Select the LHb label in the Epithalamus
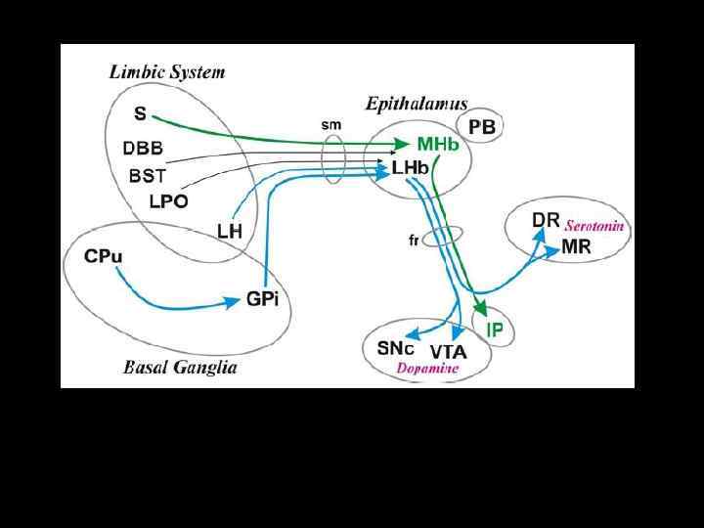click(410, 168)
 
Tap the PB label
click(481, 127)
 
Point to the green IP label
click(495, 330)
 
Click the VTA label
click(448, 351)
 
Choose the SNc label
click(395, 347)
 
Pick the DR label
click(546, 220)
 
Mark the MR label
click(576, 246)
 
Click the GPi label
click(262, 300)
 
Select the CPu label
click(104, 256)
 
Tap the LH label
click(229, 231)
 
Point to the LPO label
click(168, 201)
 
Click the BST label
click(148, 177)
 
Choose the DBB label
click(143, 149)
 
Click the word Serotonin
click(594, 226)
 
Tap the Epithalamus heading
click(416, 103)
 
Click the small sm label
click(330, 125)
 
